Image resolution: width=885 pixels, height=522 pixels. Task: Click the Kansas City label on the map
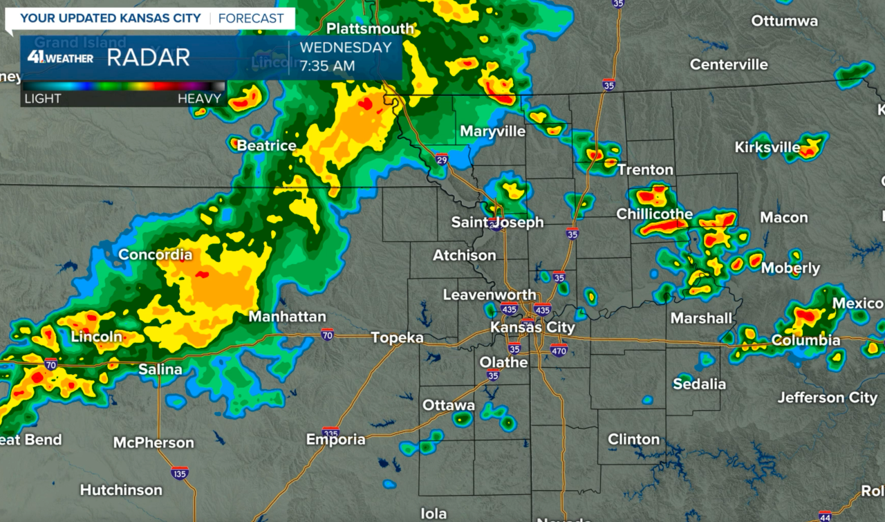click(532, 327)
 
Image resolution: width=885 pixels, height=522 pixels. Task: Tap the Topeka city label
click(397, 337)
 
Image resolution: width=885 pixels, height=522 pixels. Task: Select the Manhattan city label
click(287, 317)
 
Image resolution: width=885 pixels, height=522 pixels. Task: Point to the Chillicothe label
click(654, 214)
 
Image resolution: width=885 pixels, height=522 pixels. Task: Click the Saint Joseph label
click(497, 223)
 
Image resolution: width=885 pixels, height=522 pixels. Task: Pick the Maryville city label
click(492, 131)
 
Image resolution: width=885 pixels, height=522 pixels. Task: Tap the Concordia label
click(156, 254)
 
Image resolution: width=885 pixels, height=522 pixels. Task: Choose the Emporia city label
click(336, 439)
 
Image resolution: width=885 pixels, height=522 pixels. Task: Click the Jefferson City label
click(827, 398)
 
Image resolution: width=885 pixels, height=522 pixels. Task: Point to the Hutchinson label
click(121, 490)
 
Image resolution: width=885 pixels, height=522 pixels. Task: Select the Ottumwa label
click(784, 21)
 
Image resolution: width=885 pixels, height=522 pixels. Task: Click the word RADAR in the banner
click(148, 58)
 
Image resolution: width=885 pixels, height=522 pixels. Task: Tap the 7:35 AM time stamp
click(327, 66)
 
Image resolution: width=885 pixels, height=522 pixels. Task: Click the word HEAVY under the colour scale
click(199, 98)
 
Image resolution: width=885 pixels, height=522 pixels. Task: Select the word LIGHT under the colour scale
click(43, 98)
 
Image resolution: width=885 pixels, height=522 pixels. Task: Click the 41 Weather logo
click(60, 57)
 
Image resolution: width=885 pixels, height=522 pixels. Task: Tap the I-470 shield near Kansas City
click(559, 350)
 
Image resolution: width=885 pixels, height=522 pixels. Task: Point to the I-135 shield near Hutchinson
click(179, 473)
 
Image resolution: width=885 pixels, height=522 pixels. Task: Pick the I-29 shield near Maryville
click(441, 160)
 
